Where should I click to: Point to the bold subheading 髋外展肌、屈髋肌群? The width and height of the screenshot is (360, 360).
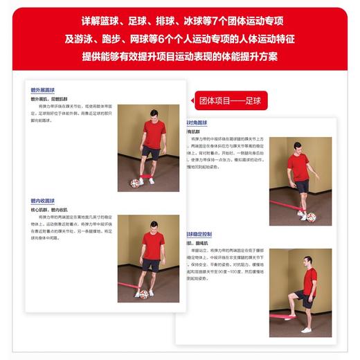pyautogui.click(x=51, y=99)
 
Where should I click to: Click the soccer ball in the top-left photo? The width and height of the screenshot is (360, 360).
pyautogui.click(x=135, y=183)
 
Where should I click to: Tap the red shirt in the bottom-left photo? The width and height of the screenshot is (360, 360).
pyautogui.click(x=153, y=246)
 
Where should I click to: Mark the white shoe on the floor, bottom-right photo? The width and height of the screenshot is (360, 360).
pyautogui.click(x=307, y=330)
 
